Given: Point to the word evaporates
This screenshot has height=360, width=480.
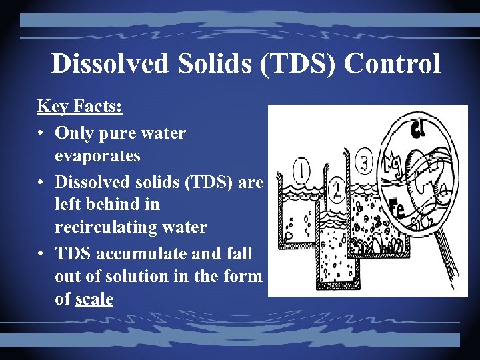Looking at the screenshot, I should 97,156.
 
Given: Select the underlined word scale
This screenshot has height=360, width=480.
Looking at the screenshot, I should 94,299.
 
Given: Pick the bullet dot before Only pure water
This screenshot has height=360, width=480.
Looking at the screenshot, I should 41,133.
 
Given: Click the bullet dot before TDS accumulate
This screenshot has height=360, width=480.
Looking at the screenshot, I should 41,253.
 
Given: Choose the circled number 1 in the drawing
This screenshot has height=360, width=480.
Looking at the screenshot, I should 302,171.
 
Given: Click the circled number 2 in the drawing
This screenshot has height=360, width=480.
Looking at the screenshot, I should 337,192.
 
